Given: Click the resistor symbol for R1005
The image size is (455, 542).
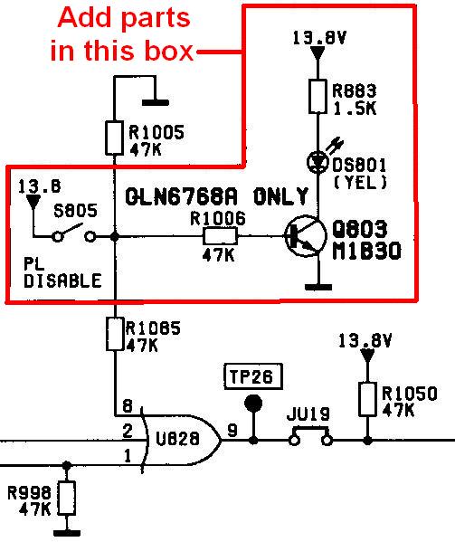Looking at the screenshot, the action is pos(114,138).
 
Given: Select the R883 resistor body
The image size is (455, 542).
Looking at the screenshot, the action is pos(318,96).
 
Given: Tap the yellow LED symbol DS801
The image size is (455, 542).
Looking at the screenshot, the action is pos(318,162).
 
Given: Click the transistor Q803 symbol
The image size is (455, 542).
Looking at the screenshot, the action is pos(306,236).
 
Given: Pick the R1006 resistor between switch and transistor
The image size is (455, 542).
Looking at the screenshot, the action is pos(220,236).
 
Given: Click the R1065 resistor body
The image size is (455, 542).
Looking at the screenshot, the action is pos(114,334).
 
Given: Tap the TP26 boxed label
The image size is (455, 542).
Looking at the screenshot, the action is pos(253,376).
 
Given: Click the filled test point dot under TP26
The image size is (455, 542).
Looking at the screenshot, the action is pos(253,404).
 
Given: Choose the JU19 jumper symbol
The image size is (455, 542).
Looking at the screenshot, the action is pos(310,436).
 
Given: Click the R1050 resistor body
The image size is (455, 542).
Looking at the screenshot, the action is pos(367,399).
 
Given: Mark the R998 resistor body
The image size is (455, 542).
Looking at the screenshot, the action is pos(67,498).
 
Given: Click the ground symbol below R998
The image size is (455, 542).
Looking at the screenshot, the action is pos(67,533).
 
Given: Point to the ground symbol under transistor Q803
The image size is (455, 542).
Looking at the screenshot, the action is pos(318,287).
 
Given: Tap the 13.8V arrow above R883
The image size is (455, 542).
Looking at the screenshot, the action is pos(318,53).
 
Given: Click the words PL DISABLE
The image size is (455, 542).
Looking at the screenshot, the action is pos(62,272).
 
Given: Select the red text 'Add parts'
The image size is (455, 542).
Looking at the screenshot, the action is pos(124,18).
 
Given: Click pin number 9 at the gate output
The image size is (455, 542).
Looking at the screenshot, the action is pos(232,431).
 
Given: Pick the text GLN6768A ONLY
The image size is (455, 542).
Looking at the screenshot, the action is pos(216,196).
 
